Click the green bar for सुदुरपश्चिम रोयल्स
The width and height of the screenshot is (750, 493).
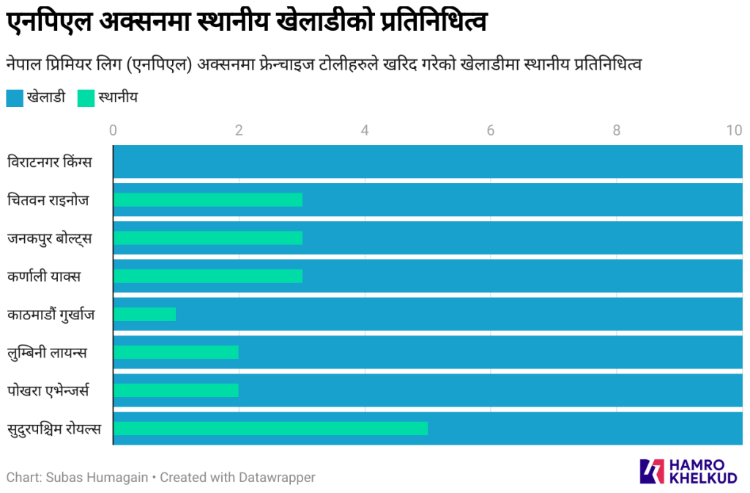270,429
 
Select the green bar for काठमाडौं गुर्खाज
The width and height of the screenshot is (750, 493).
144,314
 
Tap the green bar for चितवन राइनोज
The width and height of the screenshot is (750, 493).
207,200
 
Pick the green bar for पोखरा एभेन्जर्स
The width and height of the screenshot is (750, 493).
176,390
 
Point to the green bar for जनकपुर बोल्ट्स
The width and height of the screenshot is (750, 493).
207,238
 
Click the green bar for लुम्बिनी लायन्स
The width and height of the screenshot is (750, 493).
176,352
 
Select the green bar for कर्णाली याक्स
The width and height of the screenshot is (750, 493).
207,276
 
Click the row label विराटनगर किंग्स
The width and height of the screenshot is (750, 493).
50,162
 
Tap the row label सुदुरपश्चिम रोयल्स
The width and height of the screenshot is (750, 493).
54,429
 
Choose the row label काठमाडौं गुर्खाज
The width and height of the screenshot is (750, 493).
51,314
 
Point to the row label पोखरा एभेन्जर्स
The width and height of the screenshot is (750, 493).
48,390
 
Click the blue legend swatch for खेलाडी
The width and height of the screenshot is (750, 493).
15,97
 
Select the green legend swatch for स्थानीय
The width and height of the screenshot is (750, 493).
86,97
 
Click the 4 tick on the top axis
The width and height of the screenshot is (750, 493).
365,130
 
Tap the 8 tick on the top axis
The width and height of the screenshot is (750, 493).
617,130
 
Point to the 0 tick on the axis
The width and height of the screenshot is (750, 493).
113,130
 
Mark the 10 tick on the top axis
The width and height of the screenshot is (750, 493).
734,130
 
